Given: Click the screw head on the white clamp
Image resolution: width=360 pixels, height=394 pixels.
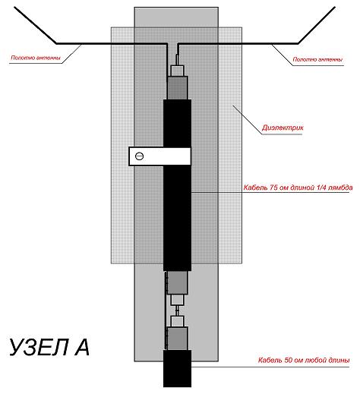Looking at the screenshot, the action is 139,156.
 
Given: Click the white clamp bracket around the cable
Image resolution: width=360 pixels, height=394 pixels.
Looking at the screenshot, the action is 159,156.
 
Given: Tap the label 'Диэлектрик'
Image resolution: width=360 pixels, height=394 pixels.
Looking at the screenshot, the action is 283,128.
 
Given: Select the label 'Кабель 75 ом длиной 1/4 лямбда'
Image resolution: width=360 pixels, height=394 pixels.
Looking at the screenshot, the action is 298,188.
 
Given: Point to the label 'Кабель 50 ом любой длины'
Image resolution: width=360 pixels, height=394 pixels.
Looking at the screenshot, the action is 304,361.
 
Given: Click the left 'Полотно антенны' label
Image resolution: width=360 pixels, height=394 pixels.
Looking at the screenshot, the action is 36,58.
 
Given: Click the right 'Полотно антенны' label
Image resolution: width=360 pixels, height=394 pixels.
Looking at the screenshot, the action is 317,59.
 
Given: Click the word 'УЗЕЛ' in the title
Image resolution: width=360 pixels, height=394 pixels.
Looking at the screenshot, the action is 39,347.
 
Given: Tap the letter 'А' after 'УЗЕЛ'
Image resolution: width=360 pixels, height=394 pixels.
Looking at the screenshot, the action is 81,347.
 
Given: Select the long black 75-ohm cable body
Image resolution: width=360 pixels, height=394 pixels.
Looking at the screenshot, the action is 177,185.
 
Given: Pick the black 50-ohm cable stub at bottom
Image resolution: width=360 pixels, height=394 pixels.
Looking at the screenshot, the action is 177,368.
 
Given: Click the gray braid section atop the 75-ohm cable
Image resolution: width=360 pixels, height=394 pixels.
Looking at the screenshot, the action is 177,88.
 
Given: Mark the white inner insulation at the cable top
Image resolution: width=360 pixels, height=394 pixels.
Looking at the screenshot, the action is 177,71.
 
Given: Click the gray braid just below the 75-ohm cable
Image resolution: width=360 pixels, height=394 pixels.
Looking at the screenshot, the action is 177,282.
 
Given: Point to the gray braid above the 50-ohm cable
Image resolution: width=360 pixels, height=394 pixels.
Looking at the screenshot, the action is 177,339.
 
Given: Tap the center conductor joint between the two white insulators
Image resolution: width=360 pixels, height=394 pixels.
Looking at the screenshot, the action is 177,310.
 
